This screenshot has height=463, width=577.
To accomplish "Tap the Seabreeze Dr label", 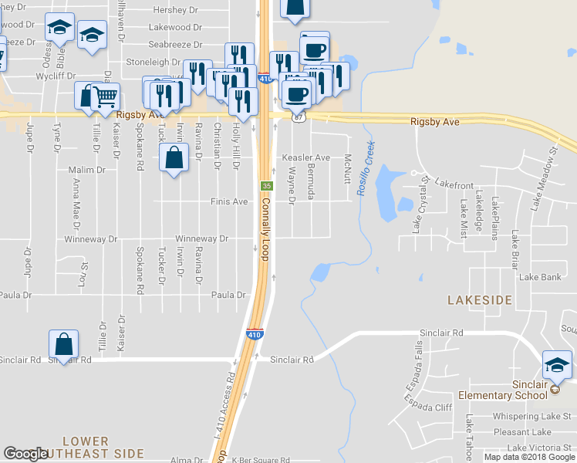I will click(x=175, y=46).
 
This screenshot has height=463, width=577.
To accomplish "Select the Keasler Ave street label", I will click(x=305, y=158).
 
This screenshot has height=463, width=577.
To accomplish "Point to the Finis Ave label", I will click(x=229, y=201).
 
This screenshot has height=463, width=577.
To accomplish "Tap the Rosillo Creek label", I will click(x=364, y=167).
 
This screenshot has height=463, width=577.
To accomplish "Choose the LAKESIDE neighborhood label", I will click(x=480, y=299).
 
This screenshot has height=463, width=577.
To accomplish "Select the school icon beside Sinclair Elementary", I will click(x=557, y=363).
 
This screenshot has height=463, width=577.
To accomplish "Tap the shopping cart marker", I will click(x=105, y=97).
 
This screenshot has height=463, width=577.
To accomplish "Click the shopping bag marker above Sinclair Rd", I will click(x=63, y=345).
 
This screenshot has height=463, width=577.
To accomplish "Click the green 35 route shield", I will click(x=266, y=186).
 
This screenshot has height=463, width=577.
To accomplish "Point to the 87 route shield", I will click(x=299, y=117).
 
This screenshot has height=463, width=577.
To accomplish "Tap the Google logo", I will click(x=27, y=454).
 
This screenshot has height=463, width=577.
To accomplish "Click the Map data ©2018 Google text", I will click(x=529, y=457).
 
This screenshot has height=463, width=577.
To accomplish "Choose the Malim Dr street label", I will click(x=86, y=169).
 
